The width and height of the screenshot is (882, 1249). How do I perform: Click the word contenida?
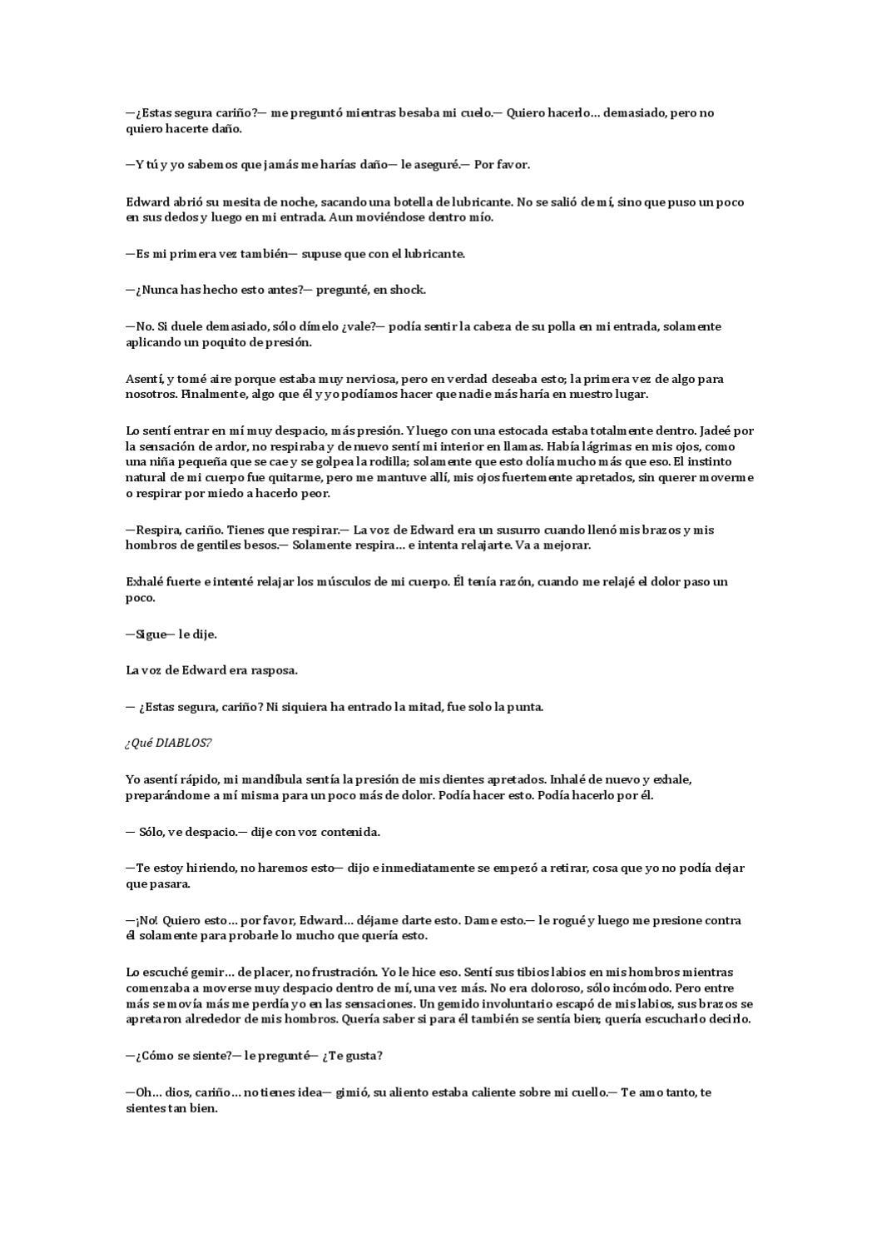coord(349,831)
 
